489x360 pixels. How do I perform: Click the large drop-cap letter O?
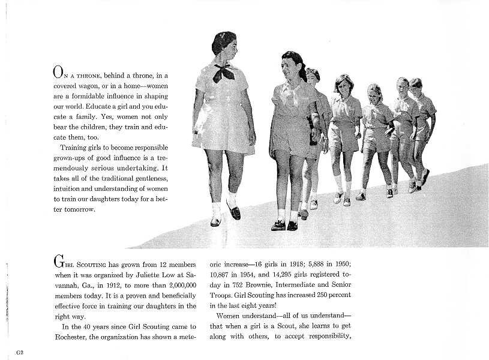click(58, 73)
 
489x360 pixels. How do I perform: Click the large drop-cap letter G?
click(58, 262)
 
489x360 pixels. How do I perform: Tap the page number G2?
click(20, 352)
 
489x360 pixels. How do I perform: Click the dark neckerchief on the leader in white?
click(223, 72)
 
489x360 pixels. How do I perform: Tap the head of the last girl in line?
click(416, 85)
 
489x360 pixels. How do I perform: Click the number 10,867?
click(220, 274)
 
